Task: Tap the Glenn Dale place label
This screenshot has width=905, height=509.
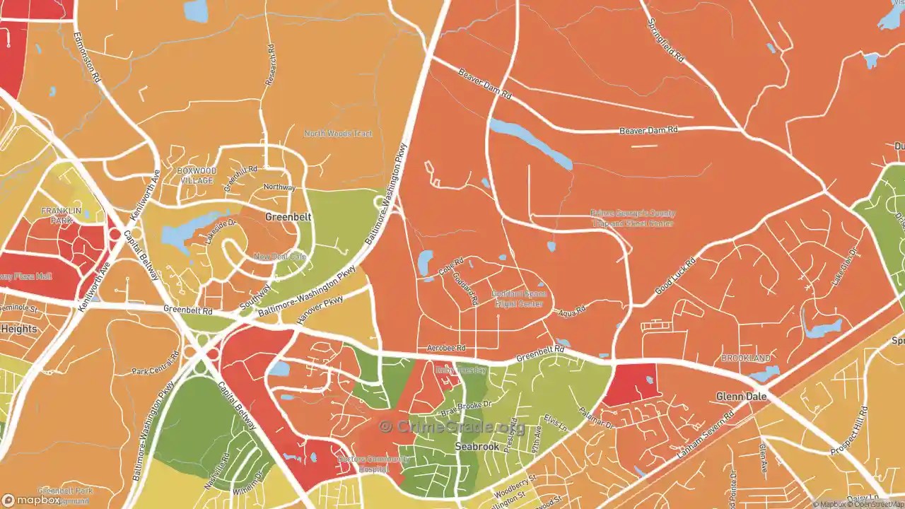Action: tap(741, 397)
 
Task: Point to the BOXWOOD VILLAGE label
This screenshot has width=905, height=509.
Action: tap(197, 175)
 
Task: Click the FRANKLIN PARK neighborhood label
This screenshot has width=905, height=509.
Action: tap(62, 216)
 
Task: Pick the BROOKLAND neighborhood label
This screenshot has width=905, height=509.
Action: tap(746, 358)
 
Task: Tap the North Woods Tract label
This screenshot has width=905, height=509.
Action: tap(338, 134)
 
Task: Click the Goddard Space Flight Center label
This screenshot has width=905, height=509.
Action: tap(518, 298)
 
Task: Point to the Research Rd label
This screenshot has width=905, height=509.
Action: tap(269, 65)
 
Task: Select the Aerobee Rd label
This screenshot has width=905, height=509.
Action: tap(447, 348)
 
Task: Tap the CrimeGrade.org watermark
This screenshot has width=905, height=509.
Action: tap(452, 427)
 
